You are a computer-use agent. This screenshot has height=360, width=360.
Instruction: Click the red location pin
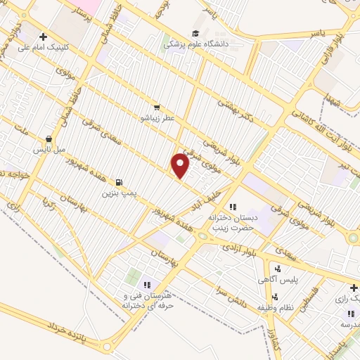click(x=181, y=166)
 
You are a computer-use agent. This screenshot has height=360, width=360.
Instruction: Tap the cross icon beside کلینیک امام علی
click(x=44, y=37)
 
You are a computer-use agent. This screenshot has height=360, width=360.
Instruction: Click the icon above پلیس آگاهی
click(x=278, y=269)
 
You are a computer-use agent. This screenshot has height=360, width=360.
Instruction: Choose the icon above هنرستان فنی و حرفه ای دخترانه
click(x=147, y=284)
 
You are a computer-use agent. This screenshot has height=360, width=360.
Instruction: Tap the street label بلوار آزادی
click(x=239, y=247)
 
